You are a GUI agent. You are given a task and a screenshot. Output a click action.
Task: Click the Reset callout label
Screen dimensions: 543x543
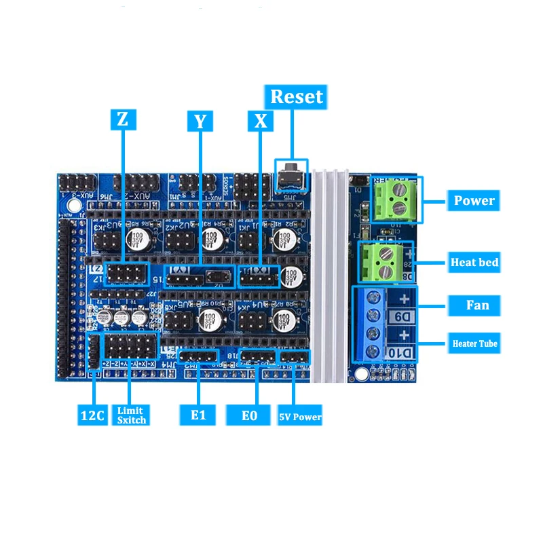[297, 96]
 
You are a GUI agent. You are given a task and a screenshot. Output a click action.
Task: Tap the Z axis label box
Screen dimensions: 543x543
[122, 119]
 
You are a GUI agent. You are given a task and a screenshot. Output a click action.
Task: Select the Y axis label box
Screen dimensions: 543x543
[200, 121]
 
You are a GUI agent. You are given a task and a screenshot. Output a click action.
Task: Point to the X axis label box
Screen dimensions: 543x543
[260, 121]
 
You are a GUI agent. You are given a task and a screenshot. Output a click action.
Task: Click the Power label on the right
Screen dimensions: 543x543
[474, 201]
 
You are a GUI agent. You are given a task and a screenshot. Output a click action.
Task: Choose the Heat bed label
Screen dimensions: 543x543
[474, 262]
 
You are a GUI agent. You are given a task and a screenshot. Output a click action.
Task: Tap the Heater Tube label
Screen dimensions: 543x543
[474, 343]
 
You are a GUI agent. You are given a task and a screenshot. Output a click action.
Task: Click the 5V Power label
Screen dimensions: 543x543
[300, 416]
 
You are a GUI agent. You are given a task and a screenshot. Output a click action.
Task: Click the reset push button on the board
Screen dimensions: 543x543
[291, 174]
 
